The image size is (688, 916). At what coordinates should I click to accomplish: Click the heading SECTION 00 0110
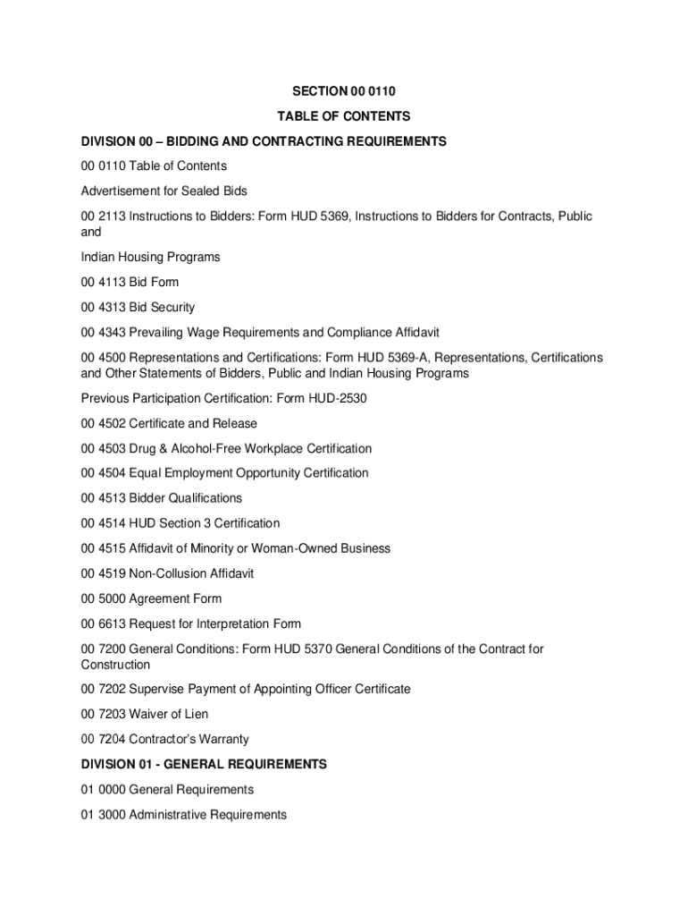[x=343, y=90]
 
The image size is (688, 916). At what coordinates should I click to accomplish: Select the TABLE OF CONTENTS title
[x=343, y=115]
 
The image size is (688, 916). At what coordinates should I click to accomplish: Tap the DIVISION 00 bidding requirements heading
[x=264, y=141]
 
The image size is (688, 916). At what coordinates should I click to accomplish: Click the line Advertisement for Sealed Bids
[x=164, y=191]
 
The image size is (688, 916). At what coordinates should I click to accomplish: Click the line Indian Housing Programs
[x=150, y=257]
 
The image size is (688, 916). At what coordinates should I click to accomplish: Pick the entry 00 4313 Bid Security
[x=138, y=307]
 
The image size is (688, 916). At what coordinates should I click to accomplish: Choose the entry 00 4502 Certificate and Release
[x=169, y=423]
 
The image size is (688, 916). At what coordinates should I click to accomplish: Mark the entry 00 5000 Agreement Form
[x=151, y=598]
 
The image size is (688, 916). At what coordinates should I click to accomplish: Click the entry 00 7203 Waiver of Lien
[x=145, y=714]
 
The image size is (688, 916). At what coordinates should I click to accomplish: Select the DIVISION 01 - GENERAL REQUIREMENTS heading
[x=204, y=764]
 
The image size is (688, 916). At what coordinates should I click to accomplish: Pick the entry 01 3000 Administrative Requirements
[x=184, y=814]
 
